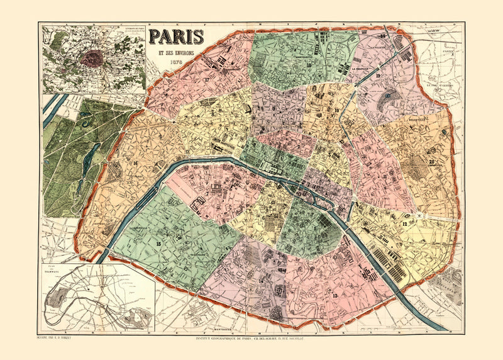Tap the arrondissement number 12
(406, 223)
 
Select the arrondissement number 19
(378, 76)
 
